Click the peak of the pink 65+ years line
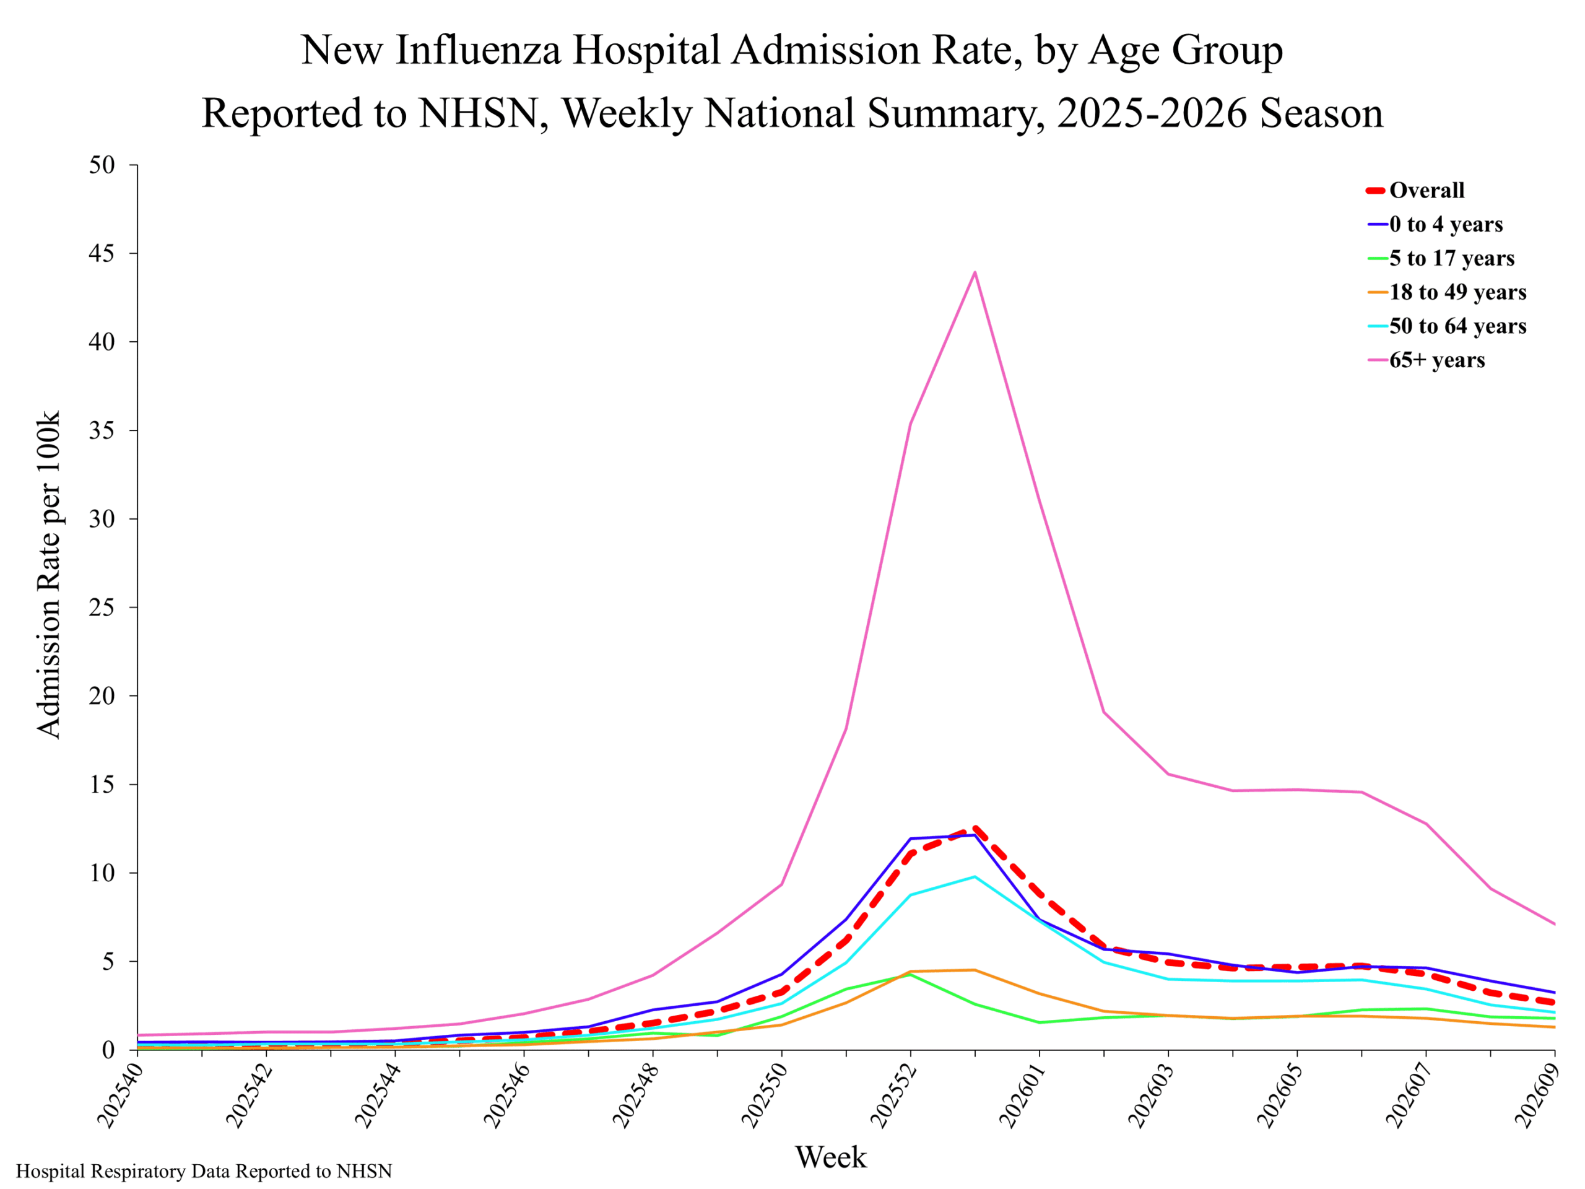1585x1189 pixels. [x=975, y=272]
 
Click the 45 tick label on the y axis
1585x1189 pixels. [x=102, y=254]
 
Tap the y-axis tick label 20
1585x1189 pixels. [x=102, y=696]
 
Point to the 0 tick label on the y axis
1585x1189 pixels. [x=108, y=1050]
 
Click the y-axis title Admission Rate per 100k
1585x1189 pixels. [x=48, y=574]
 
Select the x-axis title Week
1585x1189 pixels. [x=830, y=1157]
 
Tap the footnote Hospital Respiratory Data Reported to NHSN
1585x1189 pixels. [x=204, y=1171]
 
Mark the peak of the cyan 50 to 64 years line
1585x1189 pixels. [x=975, y=876]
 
